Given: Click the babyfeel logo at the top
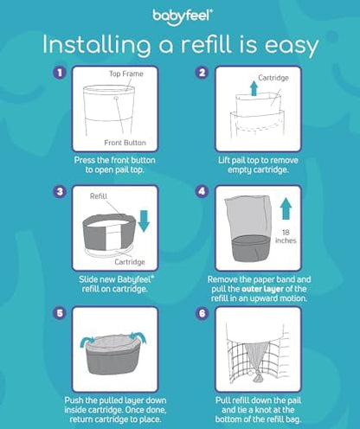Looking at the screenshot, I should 179,16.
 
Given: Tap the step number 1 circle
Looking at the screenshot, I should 59,74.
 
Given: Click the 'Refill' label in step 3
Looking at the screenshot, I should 99,196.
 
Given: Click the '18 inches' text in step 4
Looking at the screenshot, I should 286,238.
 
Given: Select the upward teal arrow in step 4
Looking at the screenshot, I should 286,210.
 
